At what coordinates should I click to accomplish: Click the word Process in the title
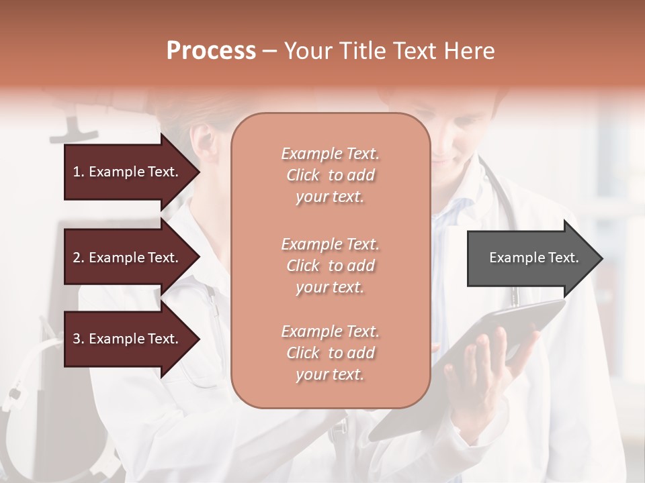[211, 51]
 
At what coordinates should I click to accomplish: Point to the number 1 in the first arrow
[77, 172]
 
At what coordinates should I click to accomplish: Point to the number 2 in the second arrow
[77, 258]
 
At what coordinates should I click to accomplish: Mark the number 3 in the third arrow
[77, 339]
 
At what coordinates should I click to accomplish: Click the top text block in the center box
[330, 175]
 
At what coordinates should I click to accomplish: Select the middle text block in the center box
[330, 266]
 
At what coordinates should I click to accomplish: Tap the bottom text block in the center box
[330, 353]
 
